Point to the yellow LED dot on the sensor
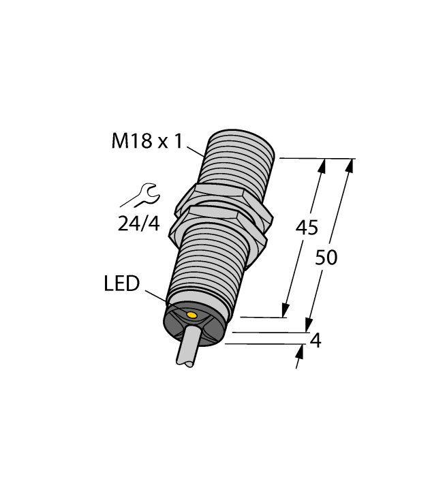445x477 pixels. pyautogui.click(x=192, y=316)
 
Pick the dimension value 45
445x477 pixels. pyautogui.click(x=306, y=228)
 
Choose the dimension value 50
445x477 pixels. pyautogui.click(x=326, y=258)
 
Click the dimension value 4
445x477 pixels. pyautogui.click(x=315, y=341)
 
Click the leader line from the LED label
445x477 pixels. pyautogui.click(x=156, y=294)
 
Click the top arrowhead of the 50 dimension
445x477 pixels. pyautogui.click(x=350, y=165)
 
